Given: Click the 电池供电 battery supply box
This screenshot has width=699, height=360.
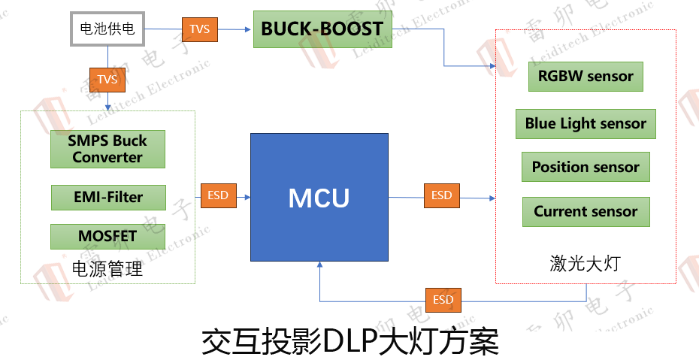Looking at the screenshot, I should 107,29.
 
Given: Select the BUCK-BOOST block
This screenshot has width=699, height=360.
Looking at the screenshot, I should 322,30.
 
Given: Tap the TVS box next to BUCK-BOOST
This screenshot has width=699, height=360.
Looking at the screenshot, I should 199,29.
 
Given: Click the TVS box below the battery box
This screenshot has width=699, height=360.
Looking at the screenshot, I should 107,79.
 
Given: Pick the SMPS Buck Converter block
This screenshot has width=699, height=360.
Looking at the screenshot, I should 107,149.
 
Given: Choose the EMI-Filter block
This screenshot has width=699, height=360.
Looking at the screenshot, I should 107,198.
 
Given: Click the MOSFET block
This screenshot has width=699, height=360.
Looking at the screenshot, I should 107,237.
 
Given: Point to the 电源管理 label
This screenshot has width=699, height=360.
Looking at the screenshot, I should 107,268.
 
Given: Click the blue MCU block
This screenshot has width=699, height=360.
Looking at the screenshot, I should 319,198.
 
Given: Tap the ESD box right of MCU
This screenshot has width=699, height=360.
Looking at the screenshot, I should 441,195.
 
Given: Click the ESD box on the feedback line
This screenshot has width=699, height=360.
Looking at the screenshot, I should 443,300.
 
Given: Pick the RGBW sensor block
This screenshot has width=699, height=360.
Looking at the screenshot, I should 586,76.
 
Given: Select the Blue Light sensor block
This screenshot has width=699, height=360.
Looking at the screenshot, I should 586,124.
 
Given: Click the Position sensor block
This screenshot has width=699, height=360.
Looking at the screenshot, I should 586,167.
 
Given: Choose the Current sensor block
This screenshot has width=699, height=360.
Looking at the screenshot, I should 586,212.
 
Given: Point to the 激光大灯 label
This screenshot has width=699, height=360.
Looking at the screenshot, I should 586,263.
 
